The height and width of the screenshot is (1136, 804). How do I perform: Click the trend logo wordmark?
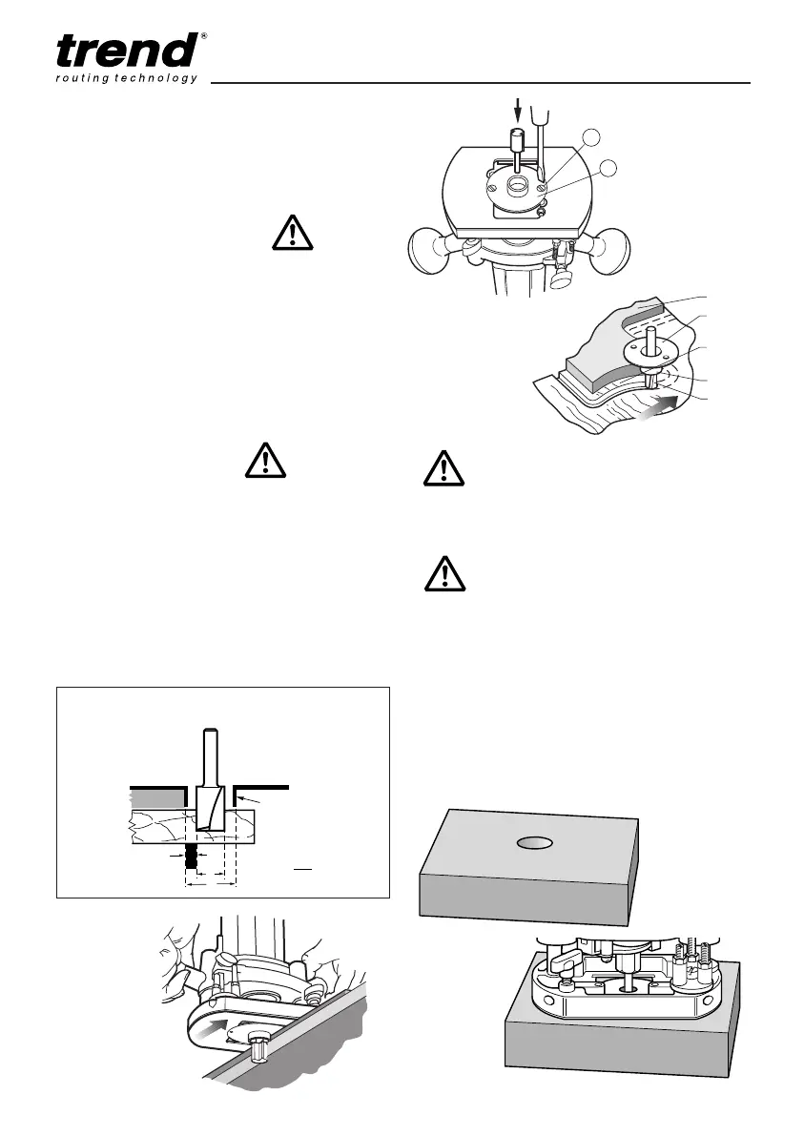pos(128,50)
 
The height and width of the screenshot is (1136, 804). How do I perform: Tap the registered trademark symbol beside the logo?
pos(205,37)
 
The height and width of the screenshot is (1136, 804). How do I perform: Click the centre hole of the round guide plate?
pos(518,184)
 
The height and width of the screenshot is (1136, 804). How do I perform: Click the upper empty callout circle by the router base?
pos(591,138)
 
